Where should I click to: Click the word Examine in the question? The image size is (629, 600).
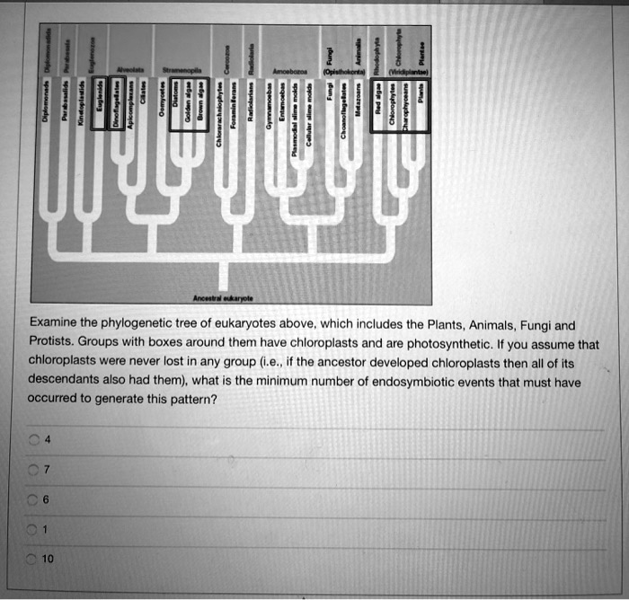tap(58, 324)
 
